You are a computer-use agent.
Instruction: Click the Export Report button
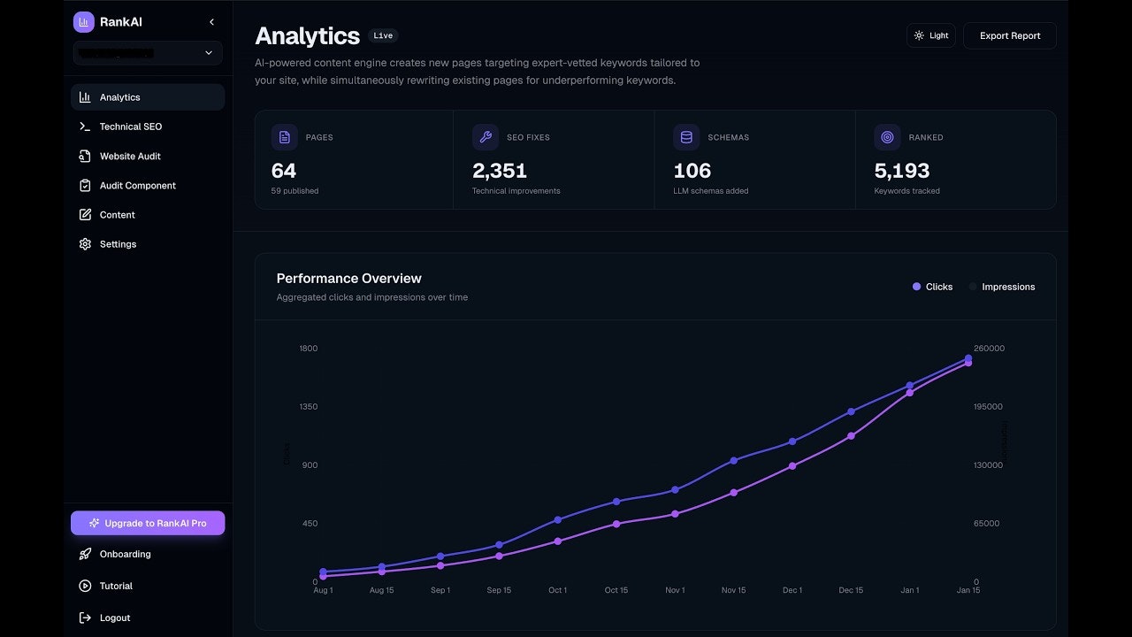point(1009,35)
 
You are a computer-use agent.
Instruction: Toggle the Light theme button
point(930,35)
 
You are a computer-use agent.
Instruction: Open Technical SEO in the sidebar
point(130,127)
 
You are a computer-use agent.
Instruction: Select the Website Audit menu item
point(129,156)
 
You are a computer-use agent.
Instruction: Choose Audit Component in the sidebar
point(137,186)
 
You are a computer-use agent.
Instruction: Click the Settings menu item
point(117,244)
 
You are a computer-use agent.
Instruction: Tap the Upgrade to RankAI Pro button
point(148,523)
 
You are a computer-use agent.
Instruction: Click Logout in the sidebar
point(114,618)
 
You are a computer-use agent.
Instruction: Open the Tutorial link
point(115,586)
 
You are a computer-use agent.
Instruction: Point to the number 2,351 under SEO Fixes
point(500,170)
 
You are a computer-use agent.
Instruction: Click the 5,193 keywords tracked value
point(901,170)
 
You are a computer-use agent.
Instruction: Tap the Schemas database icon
point(686,137)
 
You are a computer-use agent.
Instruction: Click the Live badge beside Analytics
point(383,36)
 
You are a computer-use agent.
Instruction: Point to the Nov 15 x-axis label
point(733,590)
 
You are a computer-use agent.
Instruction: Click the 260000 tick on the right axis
point(989,349)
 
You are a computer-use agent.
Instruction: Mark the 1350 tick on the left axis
point(309,407)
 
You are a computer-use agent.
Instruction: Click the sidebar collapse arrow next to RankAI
point(211,22)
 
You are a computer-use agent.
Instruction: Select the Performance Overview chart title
point(348,279)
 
